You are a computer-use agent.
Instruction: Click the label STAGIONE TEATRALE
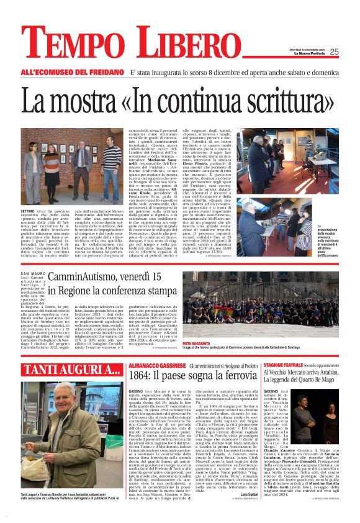coord(282,366)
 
